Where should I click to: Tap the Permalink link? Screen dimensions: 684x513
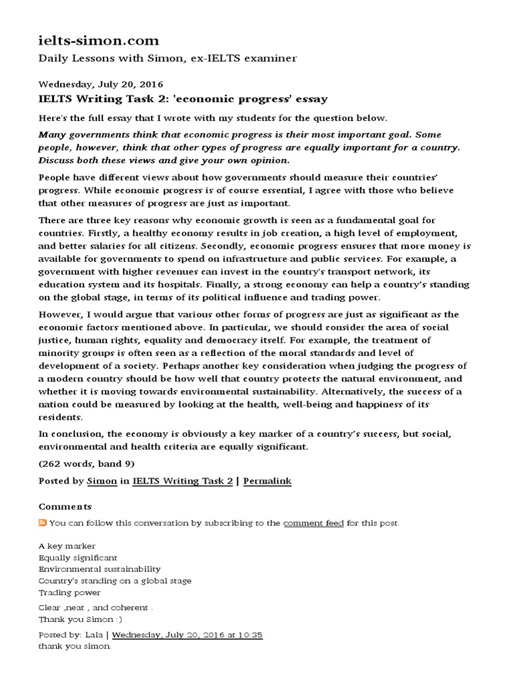click(x=267, y=481)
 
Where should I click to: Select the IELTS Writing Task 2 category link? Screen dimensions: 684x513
click(x=182, y=481)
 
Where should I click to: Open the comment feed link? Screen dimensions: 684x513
click(x=313, y=523)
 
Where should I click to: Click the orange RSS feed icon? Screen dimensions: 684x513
click(x=43, y=523)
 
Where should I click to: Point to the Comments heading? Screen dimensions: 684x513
click(x=65, y=507)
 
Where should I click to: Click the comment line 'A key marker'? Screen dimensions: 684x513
click(x=67, y=546)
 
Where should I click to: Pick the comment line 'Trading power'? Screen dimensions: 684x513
click(x=69, y=592)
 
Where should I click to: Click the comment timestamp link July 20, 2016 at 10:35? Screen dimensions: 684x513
click(x=187, y=635)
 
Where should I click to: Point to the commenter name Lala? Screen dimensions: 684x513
click(x=95, y=635)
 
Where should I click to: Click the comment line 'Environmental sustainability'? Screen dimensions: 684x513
click(x=100, y=569)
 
